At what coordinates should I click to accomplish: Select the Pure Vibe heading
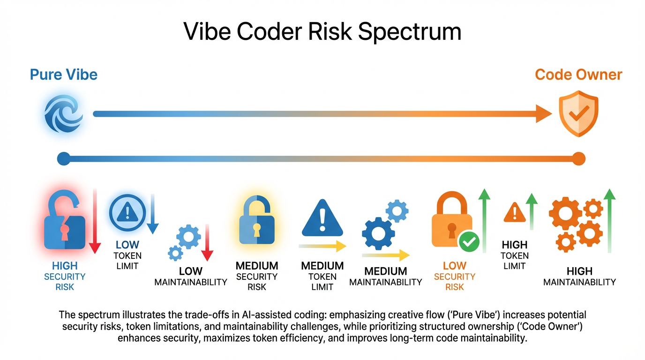pyautogui.click(x=64, y=75)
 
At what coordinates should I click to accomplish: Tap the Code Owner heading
pyautogui.click(x=578, y=75)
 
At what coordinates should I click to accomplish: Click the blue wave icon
pyautogui.click(x=64, y=113)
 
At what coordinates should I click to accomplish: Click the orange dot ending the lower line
pyautogui.click(x=579, y=158)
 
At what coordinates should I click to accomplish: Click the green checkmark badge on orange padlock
pyautogui.click(x=469, y=242)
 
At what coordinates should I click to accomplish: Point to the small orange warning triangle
pyautogui.click(x=515, y=212)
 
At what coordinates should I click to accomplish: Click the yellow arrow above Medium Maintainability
pyautogui.click(x=385, y=255)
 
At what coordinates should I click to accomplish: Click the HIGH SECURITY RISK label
pyautogui.click(x=65, y=277)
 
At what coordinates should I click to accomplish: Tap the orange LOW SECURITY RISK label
pyautogui.click(x=454, y=277)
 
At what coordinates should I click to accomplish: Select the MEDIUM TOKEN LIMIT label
pyautogui.click(x=322, y=277)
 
